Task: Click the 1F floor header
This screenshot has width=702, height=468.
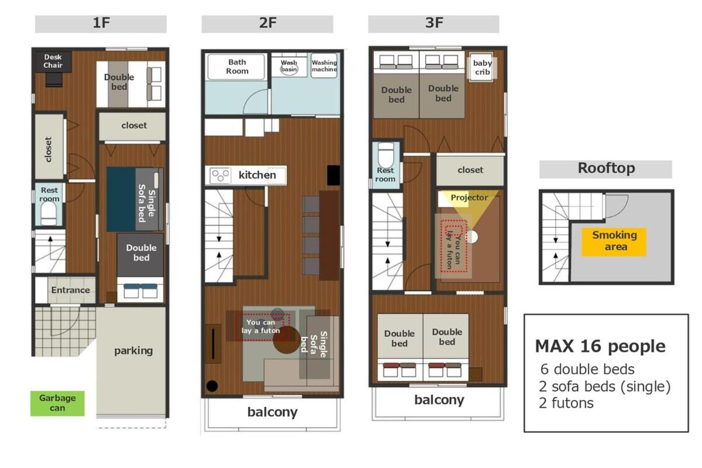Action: tap(101, 24)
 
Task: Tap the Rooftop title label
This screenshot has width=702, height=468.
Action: tap(606, 168)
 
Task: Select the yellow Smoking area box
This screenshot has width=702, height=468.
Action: tap(614, 242)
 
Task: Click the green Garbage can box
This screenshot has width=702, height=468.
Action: tap(57, 403)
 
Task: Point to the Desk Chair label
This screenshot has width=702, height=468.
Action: tap(53, 61)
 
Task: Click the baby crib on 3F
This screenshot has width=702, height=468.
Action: tap(481, 67)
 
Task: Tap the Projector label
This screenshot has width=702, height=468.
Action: tap(469, 198)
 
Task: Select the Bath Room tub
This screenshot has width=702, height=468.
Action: tap(236, 67)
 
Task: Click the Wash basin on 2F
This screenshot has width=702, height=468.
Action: tap(288, 67)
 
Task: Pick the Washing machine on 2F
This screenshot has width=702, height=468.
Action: tap(324, 66)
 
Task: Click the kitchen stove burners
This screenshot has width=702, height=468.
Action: tap(220, 175)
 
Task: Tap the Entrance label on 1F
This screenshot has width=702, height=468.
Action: tap(71, 290)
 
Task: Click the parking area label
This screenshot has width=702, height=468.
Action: tap(133, 351)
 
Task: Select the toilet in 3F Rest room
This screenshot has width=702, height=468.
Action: tap(386, 155)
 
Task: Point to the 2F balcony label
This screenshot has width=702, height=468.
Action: tap(273, 412)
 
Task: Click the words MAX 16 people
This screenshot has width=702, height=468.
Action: tap(600, 347)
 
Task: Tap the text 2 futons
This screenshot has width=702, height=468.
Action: tap(566, 403)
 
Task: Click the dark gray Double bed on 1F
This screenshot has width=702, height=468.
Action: tap(140, 254)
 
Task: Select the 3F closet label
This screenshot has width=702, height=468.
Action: tap(470, 170)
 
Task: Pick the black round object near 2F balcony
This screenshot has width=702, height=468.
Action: tap(212, 386)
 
